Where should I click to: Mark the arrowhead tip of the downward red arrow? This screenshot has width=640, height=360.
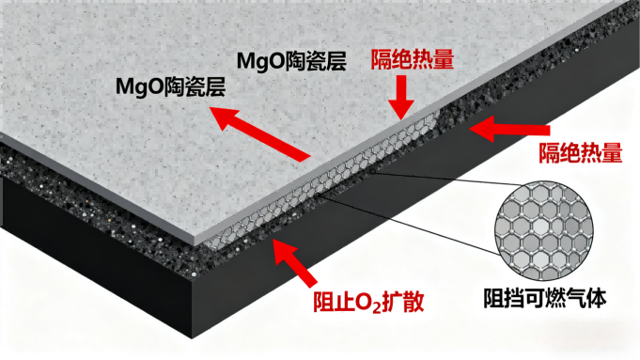click(x=401, y=115)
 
